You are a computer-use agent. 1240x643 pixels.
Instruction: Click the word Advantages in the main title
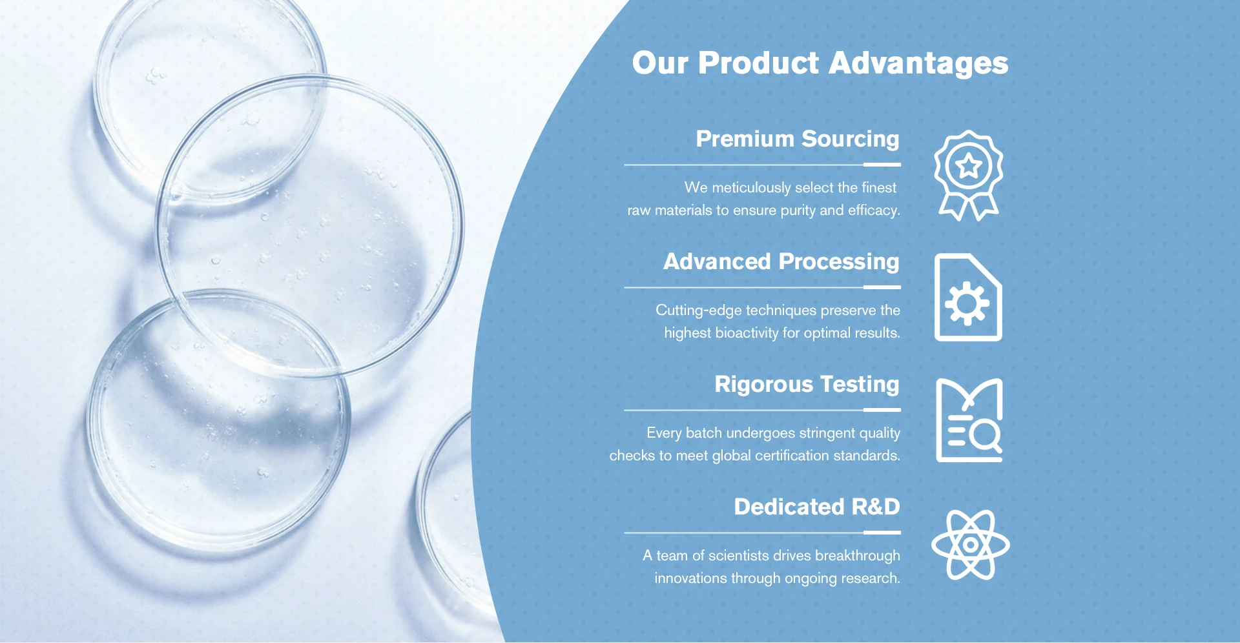pos(918,64)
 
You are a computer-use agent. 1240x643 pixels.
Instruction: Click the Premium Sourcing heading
pos(798,139)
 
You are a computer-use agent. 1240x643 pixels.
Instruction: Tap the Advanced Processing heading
pos(781,262)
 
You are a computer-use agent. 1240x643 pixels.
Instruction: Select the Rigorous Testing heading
pos(807,385)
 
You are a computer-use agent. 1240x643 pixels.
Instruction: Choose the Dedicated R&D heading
pos(817,507)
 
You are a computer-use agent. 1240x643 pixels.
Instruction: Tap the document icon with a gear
pos(968,297)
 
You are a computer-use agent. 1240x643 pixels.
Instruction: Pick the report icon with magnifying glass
pos(969,420)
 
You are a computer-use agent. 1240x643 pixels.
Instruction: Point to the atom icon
pos(970,544)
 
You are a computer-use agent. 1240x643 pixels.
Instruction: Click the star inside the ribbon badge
pos(969,167)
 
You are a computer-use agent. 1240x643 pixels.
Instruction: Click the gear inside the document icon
pos(967,303)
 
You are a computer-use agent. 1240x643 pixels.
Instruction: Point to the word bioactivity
pos(747,333)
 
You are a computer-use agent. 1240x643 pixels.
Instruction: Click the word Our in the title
pos(660,64)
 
